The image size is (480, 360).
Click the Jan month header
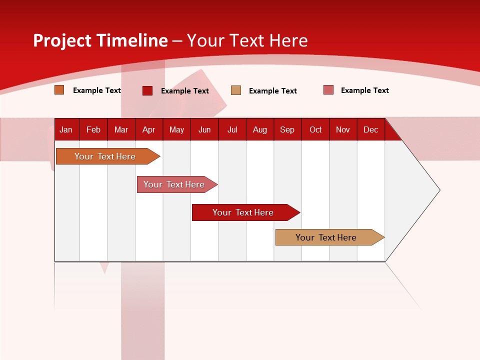66,130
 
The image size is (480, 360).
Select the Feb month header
93,130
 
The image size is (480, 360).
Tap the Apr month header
149,130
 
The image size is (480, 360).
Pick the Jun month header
204,130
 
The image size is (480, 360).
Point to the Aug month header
260,130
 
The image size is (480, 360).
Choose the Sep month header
287,130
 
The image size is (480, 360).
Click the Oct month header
315,130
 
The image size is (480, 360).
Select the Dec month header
371,130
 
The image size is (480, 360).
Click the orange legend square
59,90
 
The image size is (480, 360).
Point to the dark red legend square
147,90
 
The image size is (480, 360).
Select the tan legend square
236,90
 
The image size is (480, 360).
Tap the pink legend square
328,90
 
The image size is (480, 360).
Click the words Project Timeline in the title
100,40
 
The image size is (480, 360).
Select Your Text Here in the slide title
247,40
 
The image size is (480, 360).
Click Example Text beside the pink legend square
364,90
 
